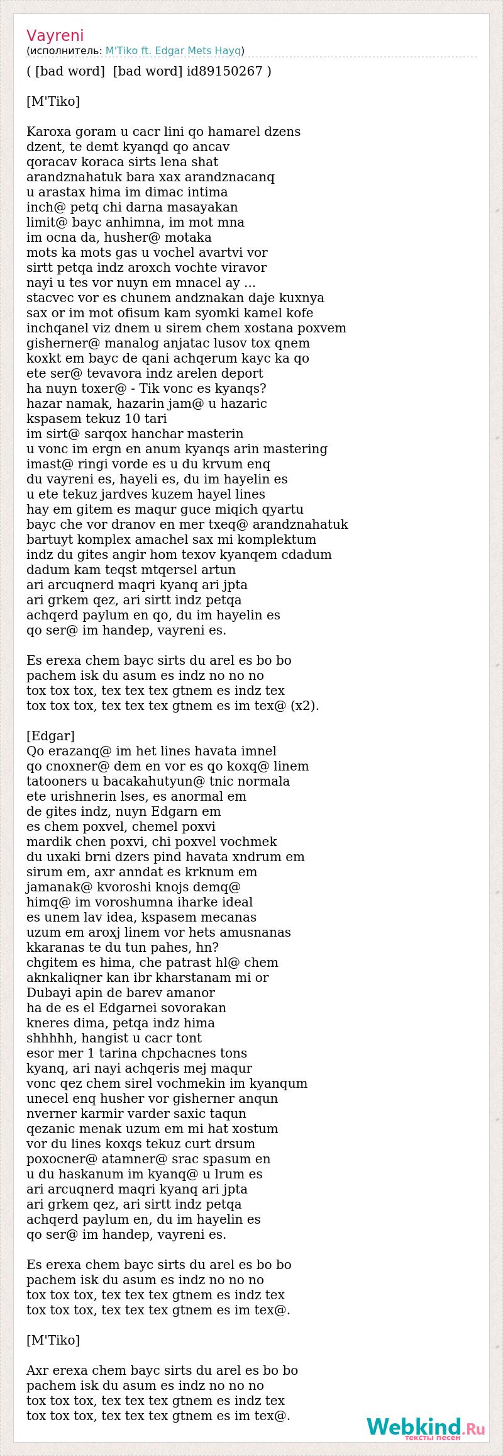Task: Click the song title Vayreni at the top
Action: click(x=55, y=35)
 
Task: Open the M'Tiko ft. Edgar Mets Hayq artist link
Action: click(x=174, y=51)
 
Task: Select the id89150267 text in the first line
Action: click(x=224, y=71)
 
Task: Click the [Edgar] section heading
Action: click(x=50, y=736)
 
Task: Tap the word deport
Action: click(x=241, y=373)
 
